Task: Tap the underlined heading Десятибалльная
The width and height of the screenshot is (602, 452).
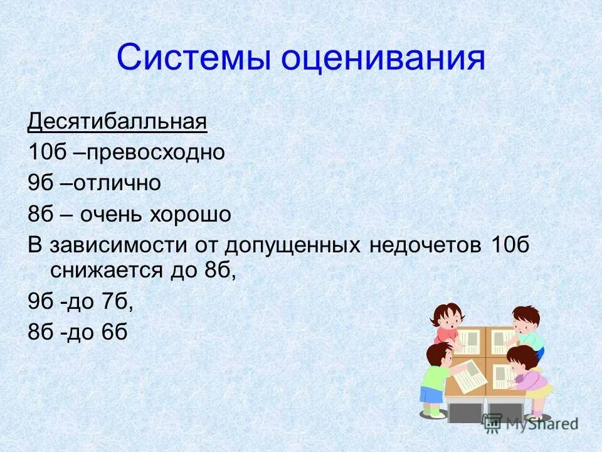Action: [117, 120]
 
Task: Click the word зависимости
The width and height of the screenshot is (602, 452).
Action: [116, 245]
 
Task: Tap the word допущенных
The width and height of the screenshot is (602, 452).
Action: [293, 245]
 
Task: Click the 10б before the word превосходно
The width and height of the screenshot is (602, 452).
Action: [42, 152]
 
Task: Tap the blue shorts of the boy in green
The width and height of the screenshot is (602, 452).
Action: [431, 395]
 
